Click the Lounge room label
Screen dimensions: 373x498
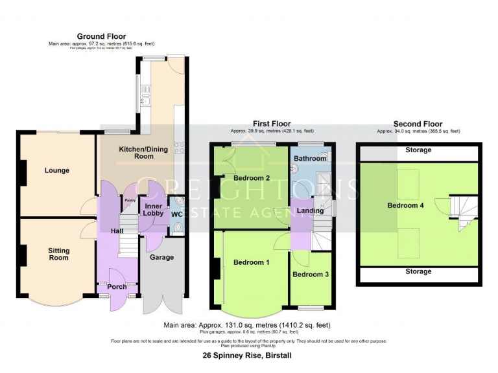pos(57,171)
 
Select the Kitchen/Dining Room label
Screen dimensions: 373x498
pos(143,153)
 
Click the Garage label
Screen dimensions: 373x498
pos(161,257)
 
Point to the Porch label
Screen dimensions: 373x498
pos(116,286)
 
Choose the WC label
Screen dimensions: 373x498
pos(176,214)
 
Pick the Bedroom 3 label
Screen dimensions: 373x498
pos(311,275)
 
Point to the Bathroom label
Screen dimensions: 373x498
pos(310,158)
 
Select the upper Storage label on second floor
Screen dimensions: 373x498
pos(418,150)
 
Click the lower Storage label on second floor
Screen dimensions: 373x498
pos(418,272)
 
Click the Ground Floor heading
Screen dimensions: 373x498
pos(101,36)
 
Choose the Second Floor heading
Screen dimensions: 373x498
pos(418,124)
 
